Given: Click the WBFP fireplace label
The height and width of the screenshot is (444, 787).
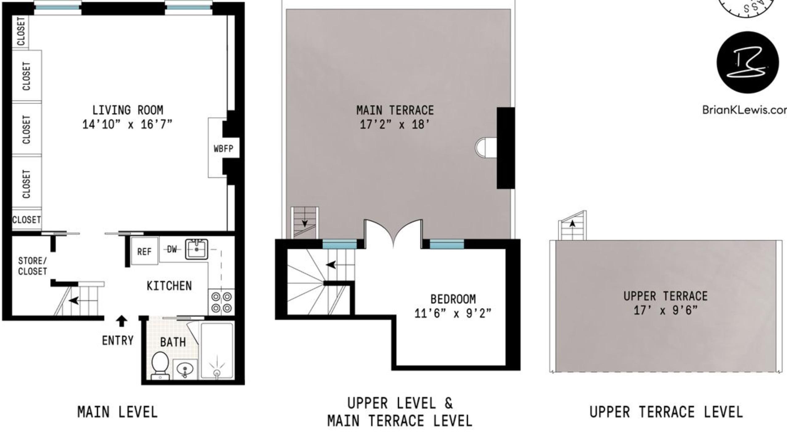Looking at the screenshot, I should (223, 149).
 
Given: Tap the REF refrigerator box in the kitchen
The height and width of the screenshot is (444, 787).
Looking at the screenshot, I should (144, 251).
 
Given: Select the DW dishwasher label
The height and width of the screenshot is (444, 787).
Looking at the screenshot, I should (172, 249).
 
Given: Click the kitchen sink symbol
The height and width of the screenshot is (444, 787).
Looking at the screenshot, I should (196, 249).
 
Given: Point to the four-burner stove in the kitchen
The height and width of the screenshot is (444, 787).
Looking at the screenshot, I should (221, 302).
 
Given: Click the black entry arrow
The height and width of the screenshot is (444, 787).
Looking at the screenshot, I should (122, 321).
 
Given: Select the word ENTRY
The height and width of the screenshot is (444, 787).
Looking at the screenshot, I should (118, 340).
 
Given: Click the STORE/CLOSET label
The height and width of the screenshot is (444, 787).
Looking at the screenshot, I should (32, 266).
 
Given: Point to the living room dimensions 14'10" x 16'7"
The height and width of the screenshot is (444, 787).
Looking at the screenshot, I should (127, 125).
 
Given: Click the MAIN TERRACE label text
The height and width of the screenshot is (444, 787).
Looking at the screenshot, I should (395, 110).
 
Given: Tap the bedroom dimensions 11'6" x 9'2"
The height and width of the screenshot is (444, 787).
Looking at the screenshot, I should (452, 314).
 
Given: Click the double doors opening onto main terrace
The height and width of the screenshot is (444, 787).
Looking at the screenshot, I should (393, 234).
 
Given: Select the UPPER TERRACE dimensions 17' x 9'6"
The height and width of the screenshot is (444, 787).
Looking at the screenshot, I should (665, 310).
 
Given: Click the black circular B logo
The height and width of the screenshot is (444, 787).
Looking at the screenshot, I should (747, 62).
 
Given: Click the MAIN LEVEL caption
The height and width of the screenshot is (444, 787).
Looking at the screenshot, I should (117, 412).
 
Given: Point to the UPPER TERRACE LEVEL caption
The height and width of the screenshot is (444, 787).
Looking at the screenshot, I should (666, 412).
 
